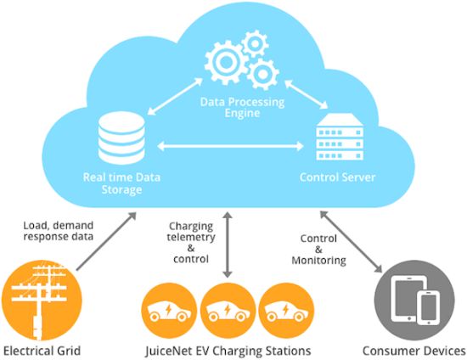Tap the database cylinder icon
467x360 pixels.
[x=121, y=138]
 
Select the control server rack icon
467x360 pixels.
[x=340, y=137]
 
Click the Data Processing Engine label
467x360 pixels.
[x=242, y=108]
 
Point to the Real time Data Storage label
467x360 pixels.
[x=121, y=183]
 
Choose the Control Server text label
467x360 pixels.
[x=337, y=177]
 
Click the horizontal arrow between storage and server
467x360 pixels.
[x=230, y=146]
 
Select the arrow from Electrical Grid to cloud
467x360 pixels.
[x=106, y=241]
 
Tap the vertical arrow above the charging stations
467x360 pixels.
[x=228, y=245]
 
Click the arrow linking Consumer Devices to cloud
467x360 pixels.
[x=351, y=242]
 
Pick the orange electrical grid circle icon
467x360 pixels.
[x=42, y=301]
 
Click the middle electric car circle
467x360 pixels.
[x=228, y=310]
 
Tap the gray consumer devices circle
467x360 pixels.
[x=414, y=301]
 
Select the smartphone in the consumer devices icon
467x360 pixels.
[x=428, y=307]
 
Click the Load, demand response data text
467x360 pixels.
[x=59, y=231]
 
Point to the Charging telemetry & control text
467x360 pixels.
[x=191, y=242]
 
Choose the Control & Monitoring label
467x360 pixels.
[x=318, y=250]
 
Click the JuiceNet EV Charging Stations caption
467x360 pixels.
[x=228, y=351]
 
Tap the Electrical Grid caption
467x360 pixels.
[x=42, y=351]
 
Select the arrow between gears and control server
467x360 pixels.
[x=307, y=94]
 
